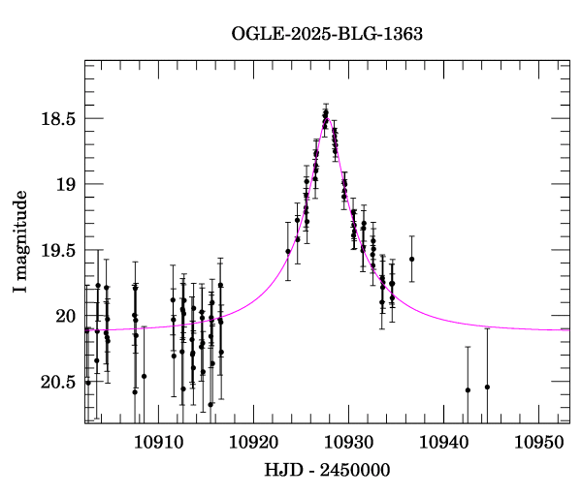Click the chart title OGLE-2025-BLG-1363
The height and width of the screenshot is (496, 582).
point(327,34)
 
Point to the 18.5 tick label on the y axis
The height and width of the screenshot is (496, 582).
point(58,119)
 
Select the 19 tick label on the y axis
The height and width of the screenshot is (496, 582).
point(65,184)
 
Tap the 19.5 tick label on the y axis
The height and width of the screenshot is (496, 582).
point(58,250)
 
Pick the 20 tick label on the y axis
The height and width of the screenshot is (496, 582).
point(65,316)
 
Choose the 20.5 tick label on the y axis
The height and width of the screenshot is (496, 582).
point(58,382)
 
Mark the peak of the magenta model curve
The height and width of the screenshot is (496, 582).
point(327,117)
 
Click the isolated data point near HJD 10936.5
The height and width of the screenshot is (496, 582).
point(411,259)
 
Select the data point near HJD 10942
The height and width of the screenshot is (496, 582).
point(468,389)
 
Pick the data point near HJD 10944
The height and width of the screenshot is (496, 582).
point(487,387)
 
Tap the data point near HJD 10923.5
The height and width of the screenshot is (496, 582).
point(288,252)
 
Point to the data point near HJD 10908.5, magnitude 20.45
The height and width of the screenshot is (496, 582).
point(144,376)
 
